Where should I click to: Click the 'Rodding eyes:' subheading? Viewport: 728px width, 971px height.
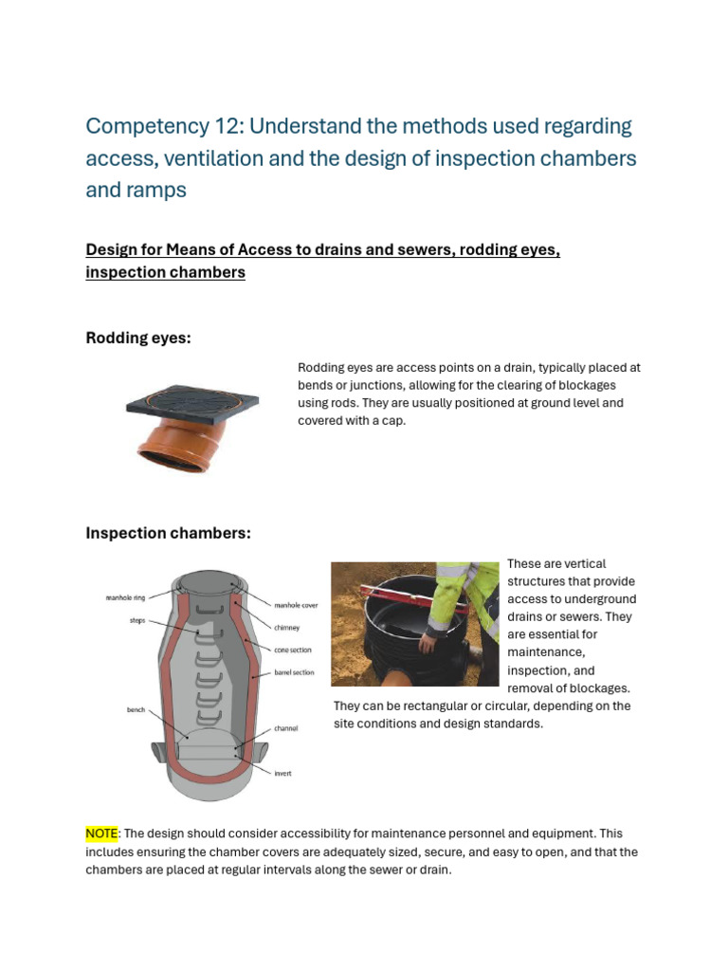(138, 339)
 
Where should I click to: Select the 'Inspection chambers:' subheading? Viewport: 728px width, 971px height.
(168, 533)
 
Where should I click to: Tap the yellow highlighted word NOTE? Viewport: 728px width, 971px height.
(101, 834)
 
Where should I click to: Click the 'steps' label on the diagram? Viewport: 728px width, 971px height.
(137, 621)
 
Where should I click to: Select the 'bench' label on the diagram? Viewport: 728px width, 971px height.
(136, 708)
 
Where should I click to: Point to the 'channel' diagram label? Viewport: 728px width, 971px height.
(286, 728)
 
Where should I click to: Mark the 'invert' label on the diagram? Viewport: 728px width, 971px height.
(282, 774)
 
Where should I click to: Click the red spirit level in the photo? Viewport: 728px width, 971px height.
(398, 603)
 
